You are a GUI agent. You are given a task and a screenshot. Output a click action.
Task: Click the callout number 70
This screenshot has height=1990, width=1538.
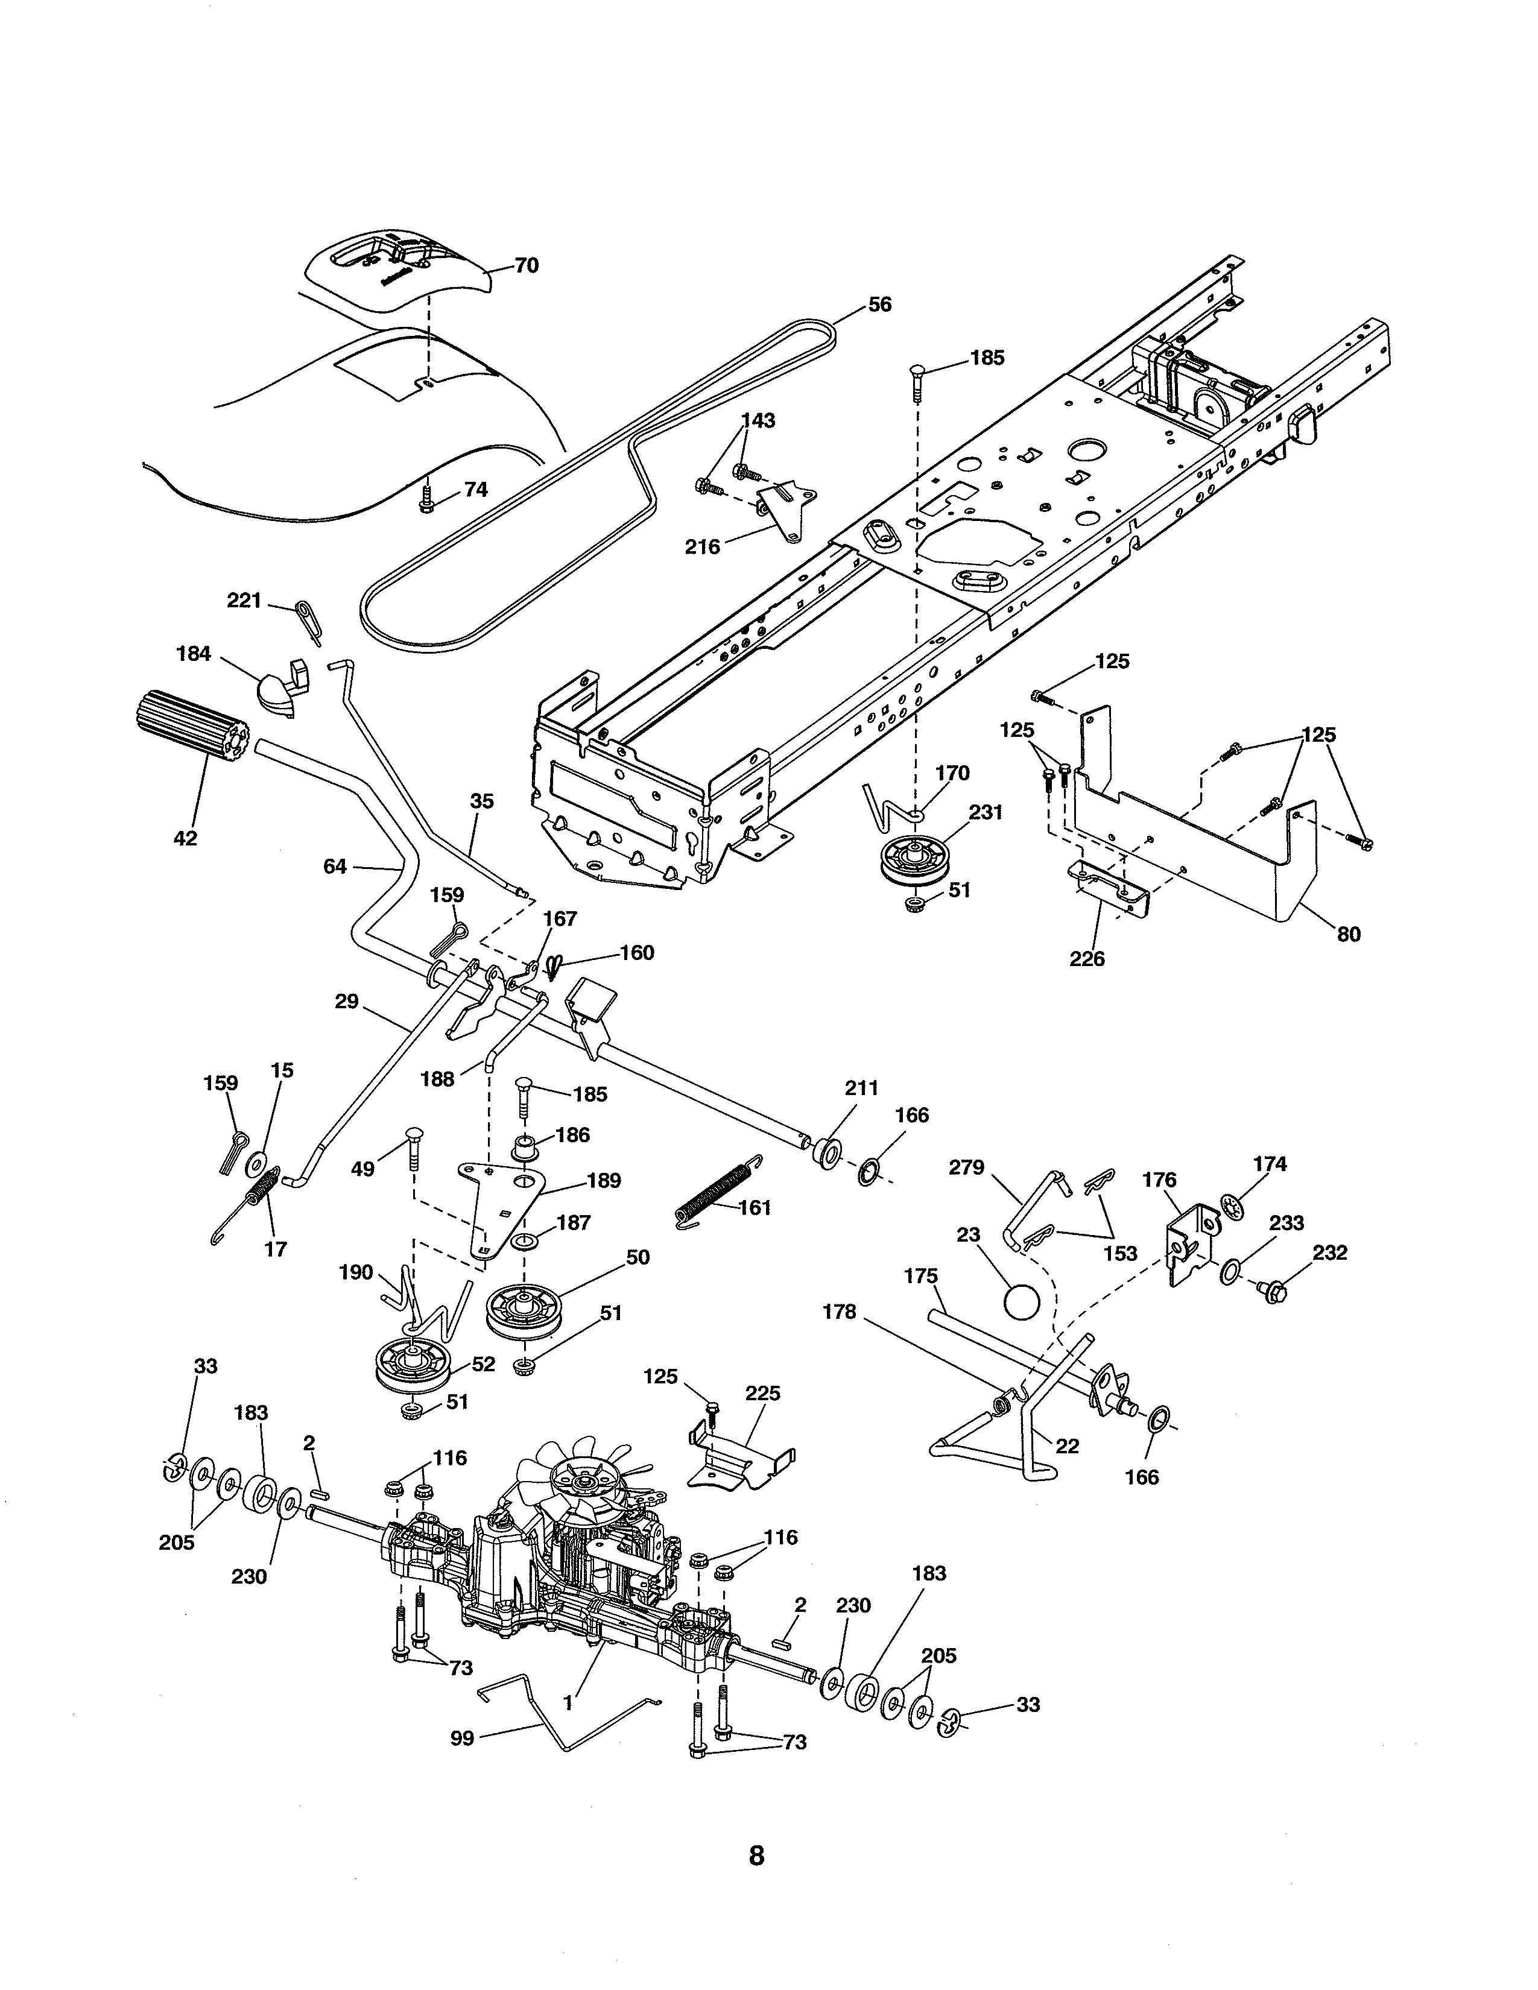[x=527, y=265]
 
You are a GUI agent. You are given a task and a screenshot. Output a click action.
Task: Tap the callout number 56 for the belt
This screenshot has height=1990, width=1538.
[x=879, y=305]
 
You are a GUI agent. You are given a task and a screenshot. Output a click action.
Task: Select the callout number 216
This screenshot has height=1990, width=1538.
[x=703, y=547]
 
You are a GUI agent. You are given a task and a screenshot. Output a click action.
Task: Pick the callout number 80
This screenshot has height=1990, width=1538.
[x=1349, y=934]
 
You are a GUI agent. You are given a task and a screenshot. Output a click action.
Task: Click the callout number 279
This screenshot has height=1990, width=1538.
[x=967, y=1167]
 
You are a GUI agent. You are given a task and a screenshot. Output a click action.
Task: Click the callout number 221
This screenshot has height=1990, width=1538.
[x=244, y=601]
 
